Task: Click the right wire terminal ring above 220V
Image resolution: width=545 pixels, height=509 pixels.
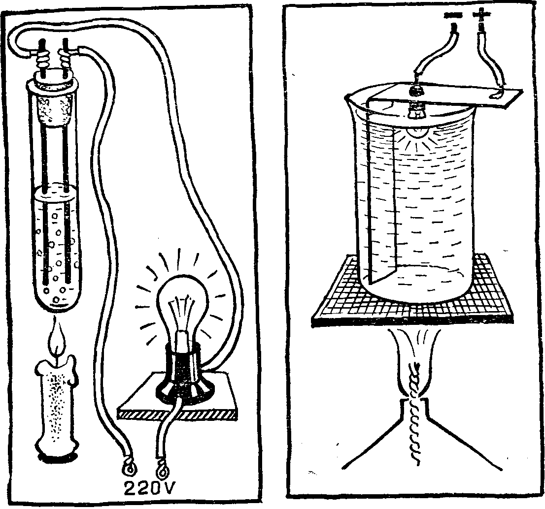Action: pyautogui.click(x=163, y=468)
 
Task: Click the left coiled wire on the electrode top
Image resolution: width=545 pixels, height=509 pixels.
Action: pyautogui.click(x=43, y=61)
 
